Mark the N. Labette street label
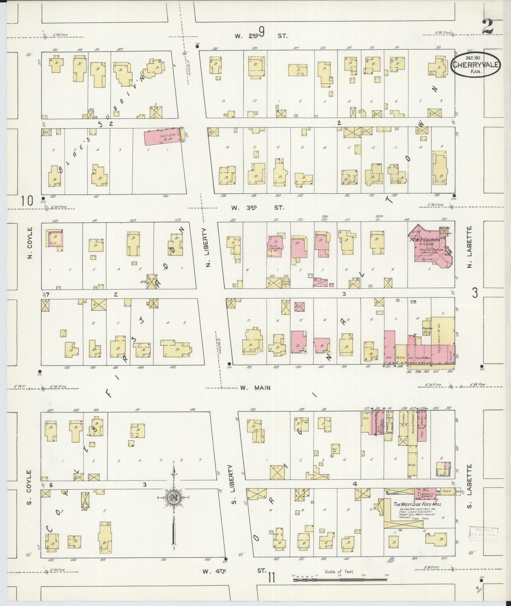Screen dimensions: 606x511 click(x=470, y=246)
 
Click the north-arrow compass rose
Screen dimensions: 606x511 click(x=174, y=499)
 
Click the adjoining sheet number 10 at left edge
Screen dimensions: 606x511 click(x=27, y=200)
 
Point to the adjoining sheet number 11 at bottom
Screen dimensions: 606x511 click(x=271, y=578)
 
